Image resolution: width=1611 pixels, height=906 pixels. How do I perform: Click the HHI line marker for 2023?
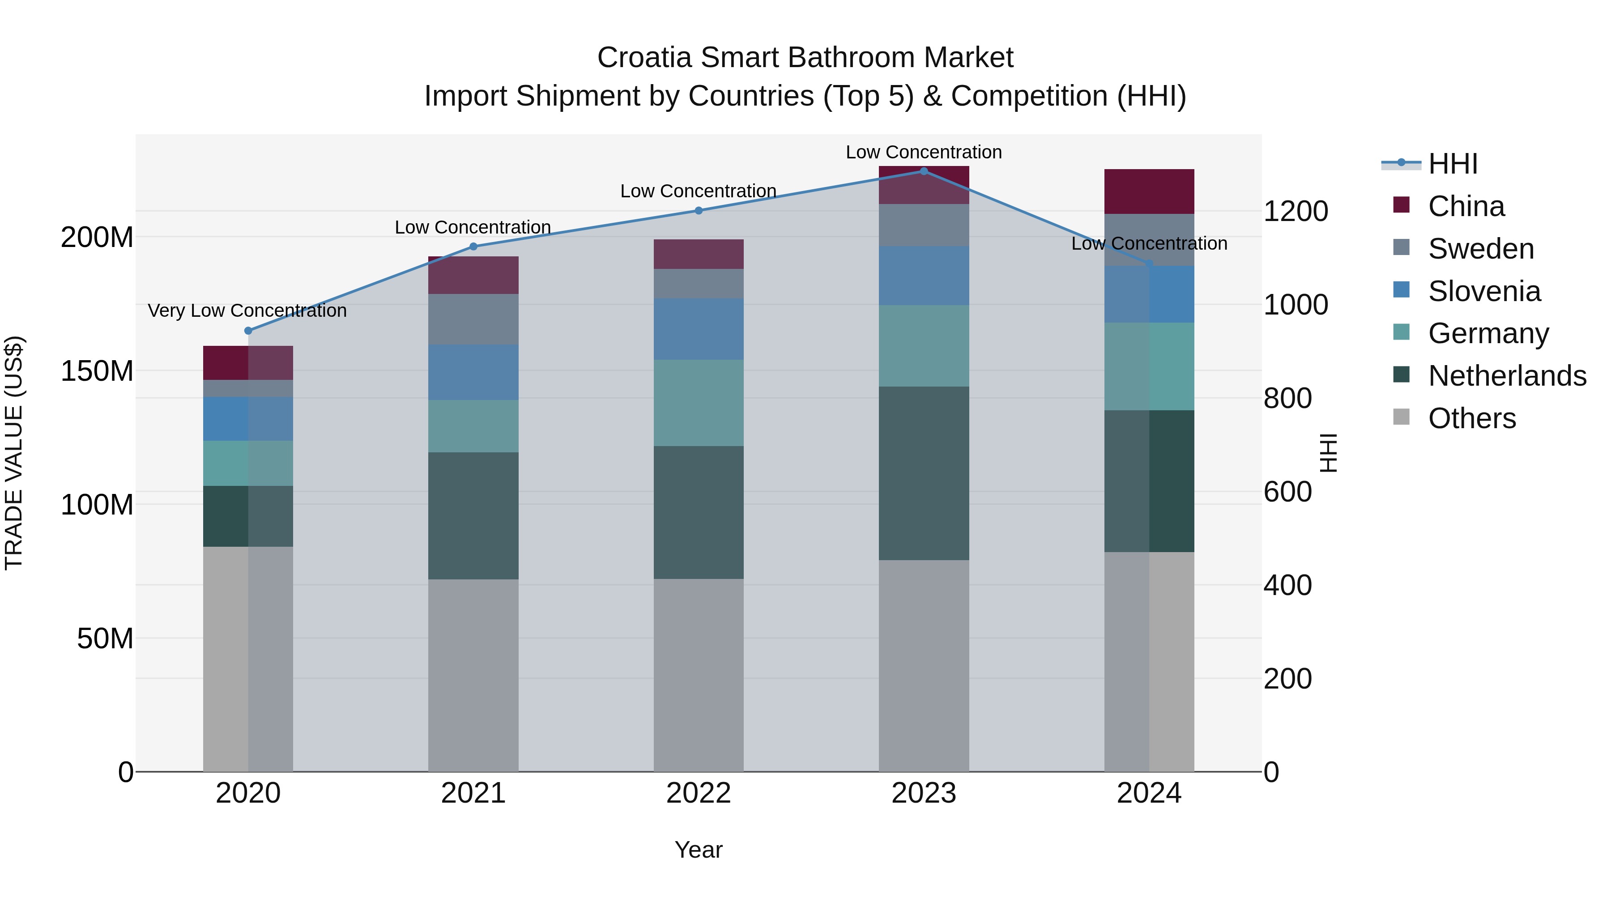pyautogui.click(x=924, y=171)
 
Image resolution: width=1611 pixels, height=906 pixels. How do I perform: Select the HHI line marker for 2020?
pyautogui.click(x=248, y=331)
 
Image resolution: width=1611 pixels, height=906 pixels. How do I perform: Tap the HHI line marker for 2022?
pyautogui.click(x=699, y=211)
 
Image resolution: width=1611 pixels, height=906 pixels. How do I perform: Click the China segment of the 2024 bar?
pyautogui.click(x=1149, y=191)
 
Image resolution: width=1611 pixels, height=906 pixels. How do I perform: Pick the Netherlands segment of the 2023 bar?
pyautogui.click(x=924, y=473)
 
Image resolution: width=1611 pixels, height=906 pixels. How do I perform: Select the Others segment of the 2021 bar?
pyautogui.click(x=473, y=675)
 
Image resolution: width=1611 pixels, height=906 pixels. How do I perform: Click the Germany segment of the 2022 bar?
pyautogui.click(x=699, y=403)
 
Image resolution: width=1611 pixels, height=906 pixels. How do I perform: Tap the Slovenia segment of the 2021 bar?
pyautogui.click(x=473, y=372)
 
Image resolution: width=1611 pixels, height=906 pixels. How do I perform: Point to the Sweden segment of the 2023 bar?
pyautogui.click(x=924, y=225)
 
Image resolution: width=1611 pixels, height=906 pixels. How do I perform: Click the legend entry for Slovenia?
pyautogui.click(x=1484, y=291)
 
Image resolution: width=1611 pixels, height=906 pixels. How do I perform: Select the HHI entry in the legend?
pyautogui.click(x=1453, y=164)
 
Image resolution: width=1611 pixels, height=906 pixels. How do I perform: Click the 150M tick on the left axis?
pyautogui.click(x=97, y=371)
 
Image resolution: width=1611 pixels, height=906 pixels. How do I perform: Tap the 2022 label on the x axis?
pyautogui.click(x=699, y=793)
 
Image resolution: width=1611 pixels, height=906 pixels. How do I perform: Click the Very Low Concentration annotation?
pyautogui.click(x=247, y=311)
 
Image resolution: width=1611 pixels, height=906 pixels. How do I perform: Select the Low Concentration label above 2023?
pyautogui.click(x=924, y=153)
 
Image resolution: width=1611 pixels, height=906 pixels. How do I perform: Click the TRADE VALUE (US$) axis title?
pyautogui.click(x=14, y=453)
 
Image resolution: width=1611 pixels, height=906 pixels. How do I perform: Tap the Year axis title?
pyautogui.click(x=699, y=850)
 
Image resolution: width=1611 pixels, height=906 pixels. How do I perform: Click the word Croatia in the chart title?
pyautogui.click(x=644, y=58)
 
